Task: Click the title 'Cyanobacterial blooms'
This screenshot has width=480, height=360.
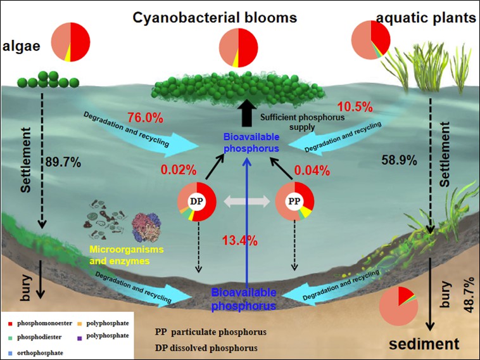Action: (215, 17)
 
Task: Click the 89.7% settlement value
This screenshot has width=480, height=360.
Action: (63, 162)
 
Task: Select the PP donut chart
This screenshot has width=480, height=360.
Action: (293, 201)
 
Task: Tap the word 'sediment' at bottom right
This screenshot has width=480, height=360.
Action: (424, 344)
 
